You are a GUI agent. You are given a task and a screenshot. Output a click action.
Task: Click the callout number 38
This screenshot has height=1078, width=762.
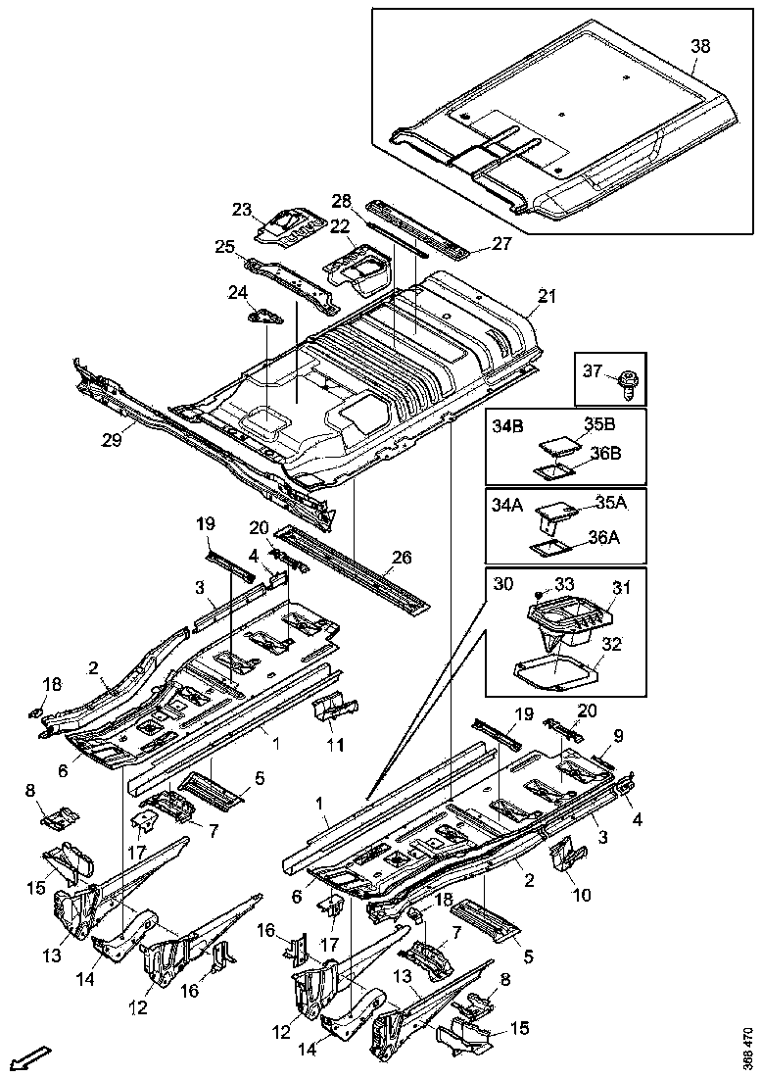700,46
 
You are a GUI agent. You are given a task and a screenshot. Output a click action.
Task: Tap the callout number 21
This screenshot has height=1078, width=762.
547,296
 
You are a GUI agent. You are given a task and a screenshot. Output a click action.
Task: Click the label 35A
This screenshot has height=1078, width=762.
610,503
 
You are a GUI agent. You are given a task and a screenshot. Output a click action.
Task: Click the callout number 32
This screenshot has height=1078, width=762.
614,644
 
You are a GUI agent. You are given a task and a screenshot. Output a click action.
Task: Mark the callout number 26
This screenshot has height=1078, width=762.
402,558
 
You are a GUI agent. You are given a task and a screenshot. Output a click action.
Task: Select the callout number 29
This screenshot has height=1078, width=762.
111,440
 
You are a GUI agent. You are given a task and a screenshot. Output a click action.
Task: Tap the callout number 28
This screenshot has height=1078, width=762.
341,201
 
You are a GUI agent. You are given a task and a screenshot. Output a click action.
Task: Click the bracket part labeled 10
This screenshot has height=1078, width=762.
566,852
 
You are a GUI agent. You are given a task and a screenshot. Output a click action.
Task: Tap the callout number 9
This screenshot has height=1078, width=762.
618,734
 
